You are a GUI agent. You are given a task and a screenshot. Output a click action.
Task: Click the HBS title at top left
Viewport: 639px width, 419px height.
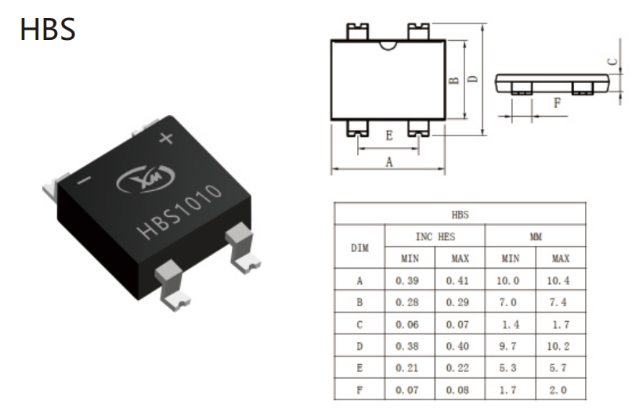pos(48,29)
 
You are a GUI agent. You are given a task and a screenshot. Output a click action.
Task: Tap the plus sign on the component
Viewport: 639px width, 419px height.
pos(166,138)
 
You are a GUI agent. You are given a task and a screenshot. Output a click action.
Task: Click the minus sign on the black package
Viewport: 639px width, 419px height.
pos(85,180)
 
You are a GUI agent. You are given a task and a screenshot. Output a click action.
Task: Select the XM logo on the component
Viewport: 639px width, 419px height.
pos(146,178)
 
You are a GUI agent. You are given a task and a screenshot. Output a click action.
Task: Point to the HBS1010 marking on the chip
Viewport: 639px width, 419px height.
pos(180,212)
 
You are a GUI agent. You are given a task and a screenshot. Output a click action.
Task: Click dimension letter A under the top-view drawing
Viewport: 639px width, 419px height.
pos(389,162)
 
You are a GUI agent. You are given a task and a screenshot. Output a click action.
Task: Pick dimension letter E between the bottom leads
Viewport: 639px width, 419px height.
pos(389,135)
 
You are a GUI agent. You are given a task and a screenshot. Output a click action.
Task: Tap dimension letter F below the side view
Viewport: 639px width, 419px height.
pos(557,103)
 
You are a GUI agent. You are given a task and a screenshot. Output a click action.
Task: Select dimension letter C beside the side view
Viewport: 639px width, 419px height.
pos(612,62)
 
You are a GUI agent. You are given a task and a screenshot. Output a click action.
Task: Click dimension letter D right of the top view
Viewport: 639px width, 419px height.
pos(473,78)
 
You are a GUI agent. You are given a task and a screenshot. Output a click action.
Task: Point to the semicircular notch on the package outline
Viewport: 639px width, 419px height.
pos(388,45)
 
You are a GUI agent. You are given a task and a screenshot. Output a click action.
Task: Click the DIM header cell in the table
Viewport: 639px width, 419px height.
pos(359,247)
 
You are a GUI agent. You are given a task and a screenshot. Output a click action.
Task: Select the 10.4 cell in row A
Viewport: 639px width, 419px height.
pos(558,280)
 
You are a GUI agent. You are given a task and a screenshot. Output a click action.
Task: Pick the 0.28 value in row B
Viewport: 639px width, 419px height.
pos(407,302)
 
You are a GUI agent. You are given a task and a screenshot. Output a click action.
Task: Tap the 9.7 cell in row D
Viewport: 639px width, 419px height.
pos(507,346)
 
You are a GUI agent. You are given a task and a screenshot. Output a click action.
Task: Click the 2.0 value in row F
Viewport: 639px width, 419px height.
pos(558,390)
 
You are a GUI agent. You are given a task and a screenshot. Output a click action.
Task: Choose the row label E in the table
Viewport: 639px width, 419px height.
pos(359,368)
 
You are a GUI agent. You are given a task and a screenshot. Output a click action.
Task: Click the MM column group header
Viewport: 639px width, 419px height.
pos(536,237)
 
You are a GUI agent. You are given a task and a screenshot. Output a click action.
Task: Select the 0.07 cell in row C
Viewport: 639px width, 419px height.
pos(457,325)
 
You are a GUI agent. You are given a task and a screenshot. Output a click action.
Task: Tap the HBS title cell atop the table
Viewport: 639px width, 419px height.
pos(460,215)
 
